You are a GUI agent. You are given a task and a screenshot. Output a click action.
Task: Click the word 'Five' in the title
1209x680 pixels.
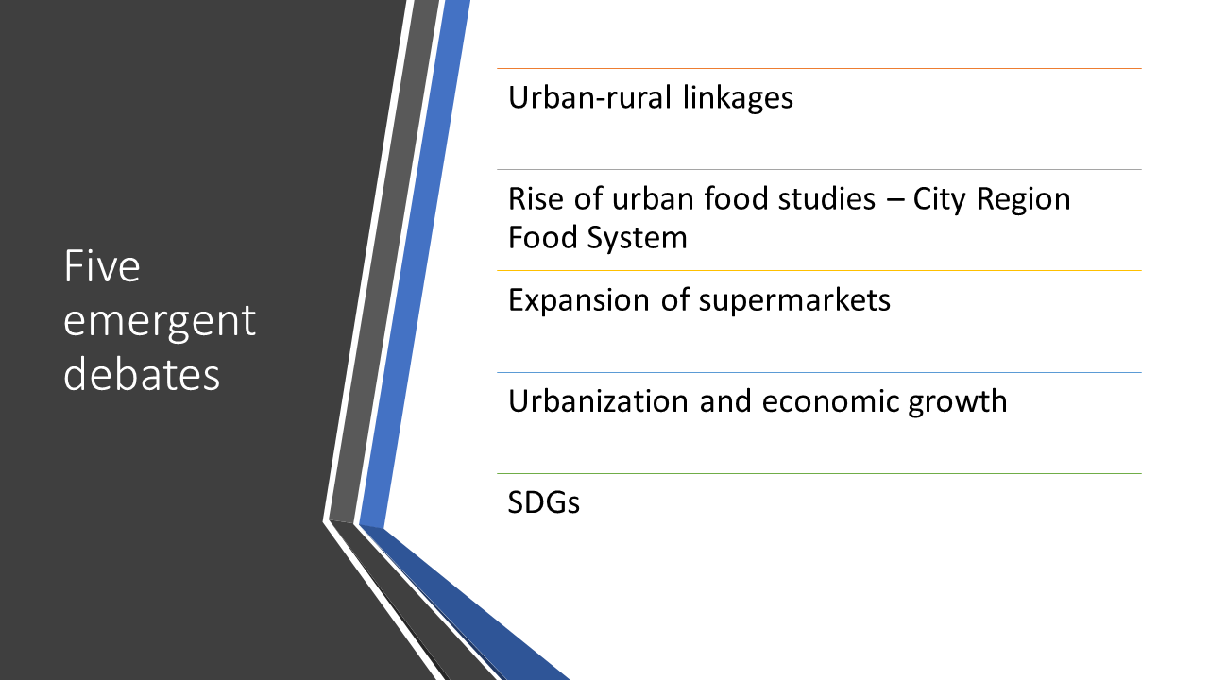point(102,266)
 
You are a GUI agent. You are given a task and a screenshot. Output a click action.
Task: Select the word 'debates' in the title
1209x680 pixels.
point(142,373)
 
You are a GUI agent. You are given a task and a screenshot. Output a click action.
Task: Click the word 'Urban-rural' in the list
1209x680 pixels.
point(590,97)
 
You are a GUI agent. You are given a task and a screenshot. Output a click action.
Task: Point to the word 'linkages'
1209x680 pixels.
point(738,99)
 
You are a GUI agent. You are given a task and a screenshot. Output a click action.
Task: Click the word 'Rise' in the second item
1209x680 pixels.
point(536,198)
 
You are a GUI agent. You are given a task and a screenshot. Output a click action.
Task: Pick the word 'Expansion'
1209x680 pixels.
point(579,301)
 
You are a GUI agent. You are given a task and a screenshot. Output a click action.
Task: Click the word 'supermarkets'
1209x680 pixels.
point(794,301)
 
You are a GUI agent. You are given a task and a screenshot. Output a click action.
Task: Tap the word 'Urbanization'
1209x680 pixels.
point(598,401)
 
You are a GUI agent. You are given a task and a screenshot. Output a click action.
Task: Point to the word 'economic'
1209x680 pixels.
point(830,401)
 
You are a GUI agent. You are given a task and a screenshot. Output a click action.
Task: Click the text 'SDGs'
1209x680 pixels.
point(543,502)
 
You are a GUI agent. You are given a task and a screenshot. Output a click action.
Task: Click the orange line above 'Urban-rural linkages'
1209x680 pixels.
point(819,69)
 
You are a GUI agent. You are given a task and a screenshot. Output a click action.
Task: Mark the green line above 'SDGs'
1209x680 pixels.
point(819,474)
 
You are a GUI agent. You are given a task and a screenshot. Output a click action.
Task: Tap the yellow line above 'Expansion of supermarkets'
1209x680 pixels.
point(819,271)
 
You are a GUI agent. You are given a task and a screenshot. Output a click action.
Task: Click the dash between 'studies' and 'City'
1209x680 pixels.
point(894,200)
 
